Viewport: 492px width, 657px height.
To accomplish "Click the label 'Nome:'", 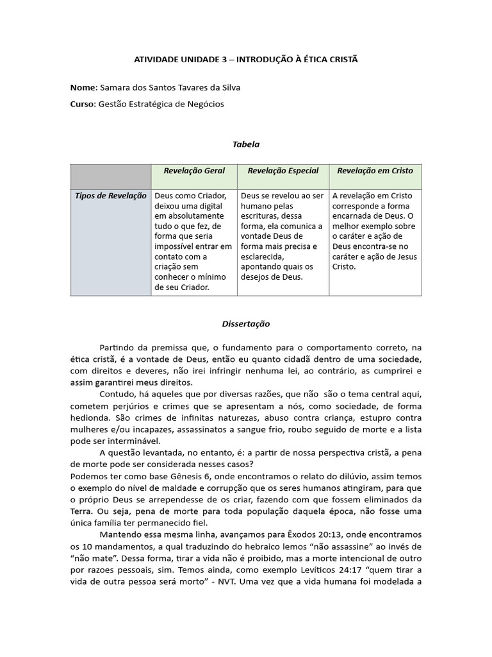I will click(83, 87).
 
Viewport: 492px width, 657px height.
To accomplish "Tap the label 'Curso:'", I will click(83, 104).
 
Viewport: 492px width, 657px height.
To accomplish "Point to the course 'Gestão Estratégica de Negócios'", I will click(161, 104).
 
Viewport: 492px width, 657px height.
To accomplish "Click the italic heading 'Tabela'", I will click(245, 145).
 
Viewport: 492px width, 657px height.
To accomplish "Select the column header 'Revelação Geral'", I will click(194, 171).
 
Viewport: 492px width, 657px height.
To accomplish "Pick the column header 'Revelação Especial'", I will click(283, 171).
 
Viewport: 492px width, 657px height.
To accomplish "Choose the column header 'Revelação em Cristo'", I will click(375, 171).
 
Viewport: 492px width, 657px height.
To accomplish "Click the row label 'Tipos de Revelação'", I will click(110, 196).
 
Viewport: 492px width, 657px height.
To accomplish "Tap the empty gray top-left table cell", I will click(110, 176).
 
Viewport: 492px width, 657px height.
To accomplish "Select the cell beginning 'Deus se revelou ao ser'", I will click(283, 235).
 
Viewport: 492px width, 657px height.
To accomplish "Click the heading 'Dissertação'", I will click(245, 325).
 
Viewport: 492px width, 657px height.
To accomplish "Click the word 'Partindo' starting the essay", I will click(116, 346).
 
